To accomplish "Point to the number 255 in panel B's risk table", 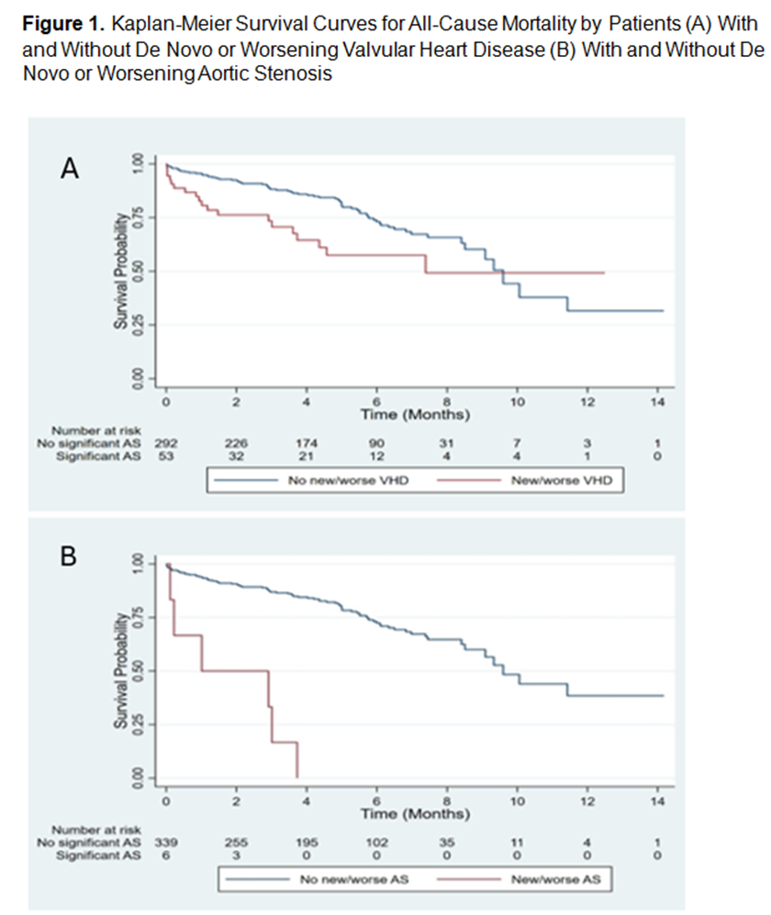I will (x=237, y=841).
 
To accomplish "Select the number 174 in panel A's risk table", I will (x=307, y=442).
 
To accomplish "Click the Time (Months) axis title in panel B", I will (x=412, y=813).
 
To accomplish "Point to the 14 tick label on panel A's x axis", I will (x=657, y=403).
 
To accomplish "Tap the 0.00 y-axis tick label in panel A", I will (x=139, y=377).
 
